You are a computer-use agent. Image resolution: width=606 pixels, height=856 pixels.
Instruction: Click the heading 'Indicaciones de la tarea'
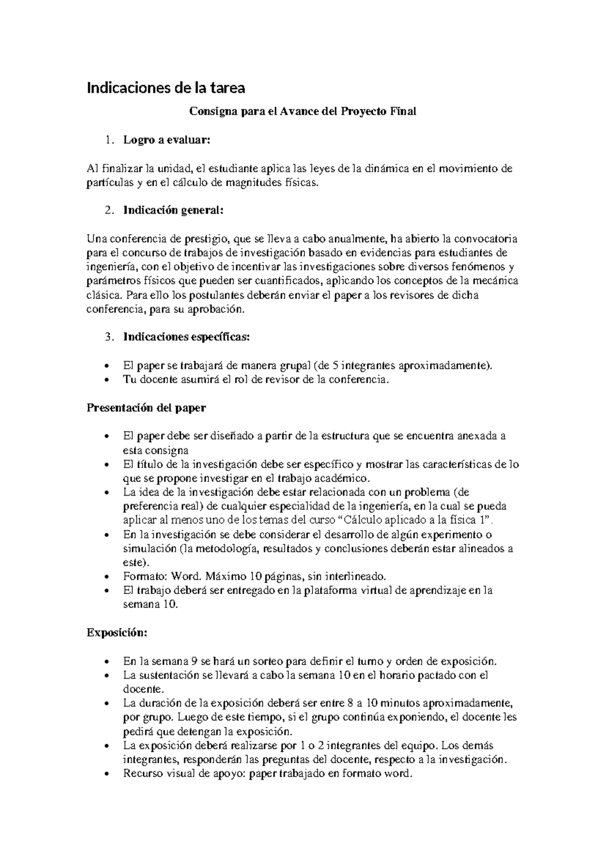[166, 88]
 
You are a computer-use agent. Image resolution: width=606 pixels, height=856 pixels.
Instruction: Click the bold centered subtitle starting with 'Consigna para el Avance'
[302, 112]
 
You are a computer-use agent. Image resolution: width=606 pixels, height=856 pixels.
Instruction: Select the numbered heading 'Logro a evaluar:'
[166, 140]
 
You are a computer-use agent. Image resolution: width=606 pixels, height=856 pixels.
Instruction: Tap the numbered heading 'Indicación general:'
[173, 210]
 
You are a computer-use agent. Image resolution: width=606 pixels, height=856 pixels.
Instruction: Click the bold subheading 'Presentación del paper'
[146, 408]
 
